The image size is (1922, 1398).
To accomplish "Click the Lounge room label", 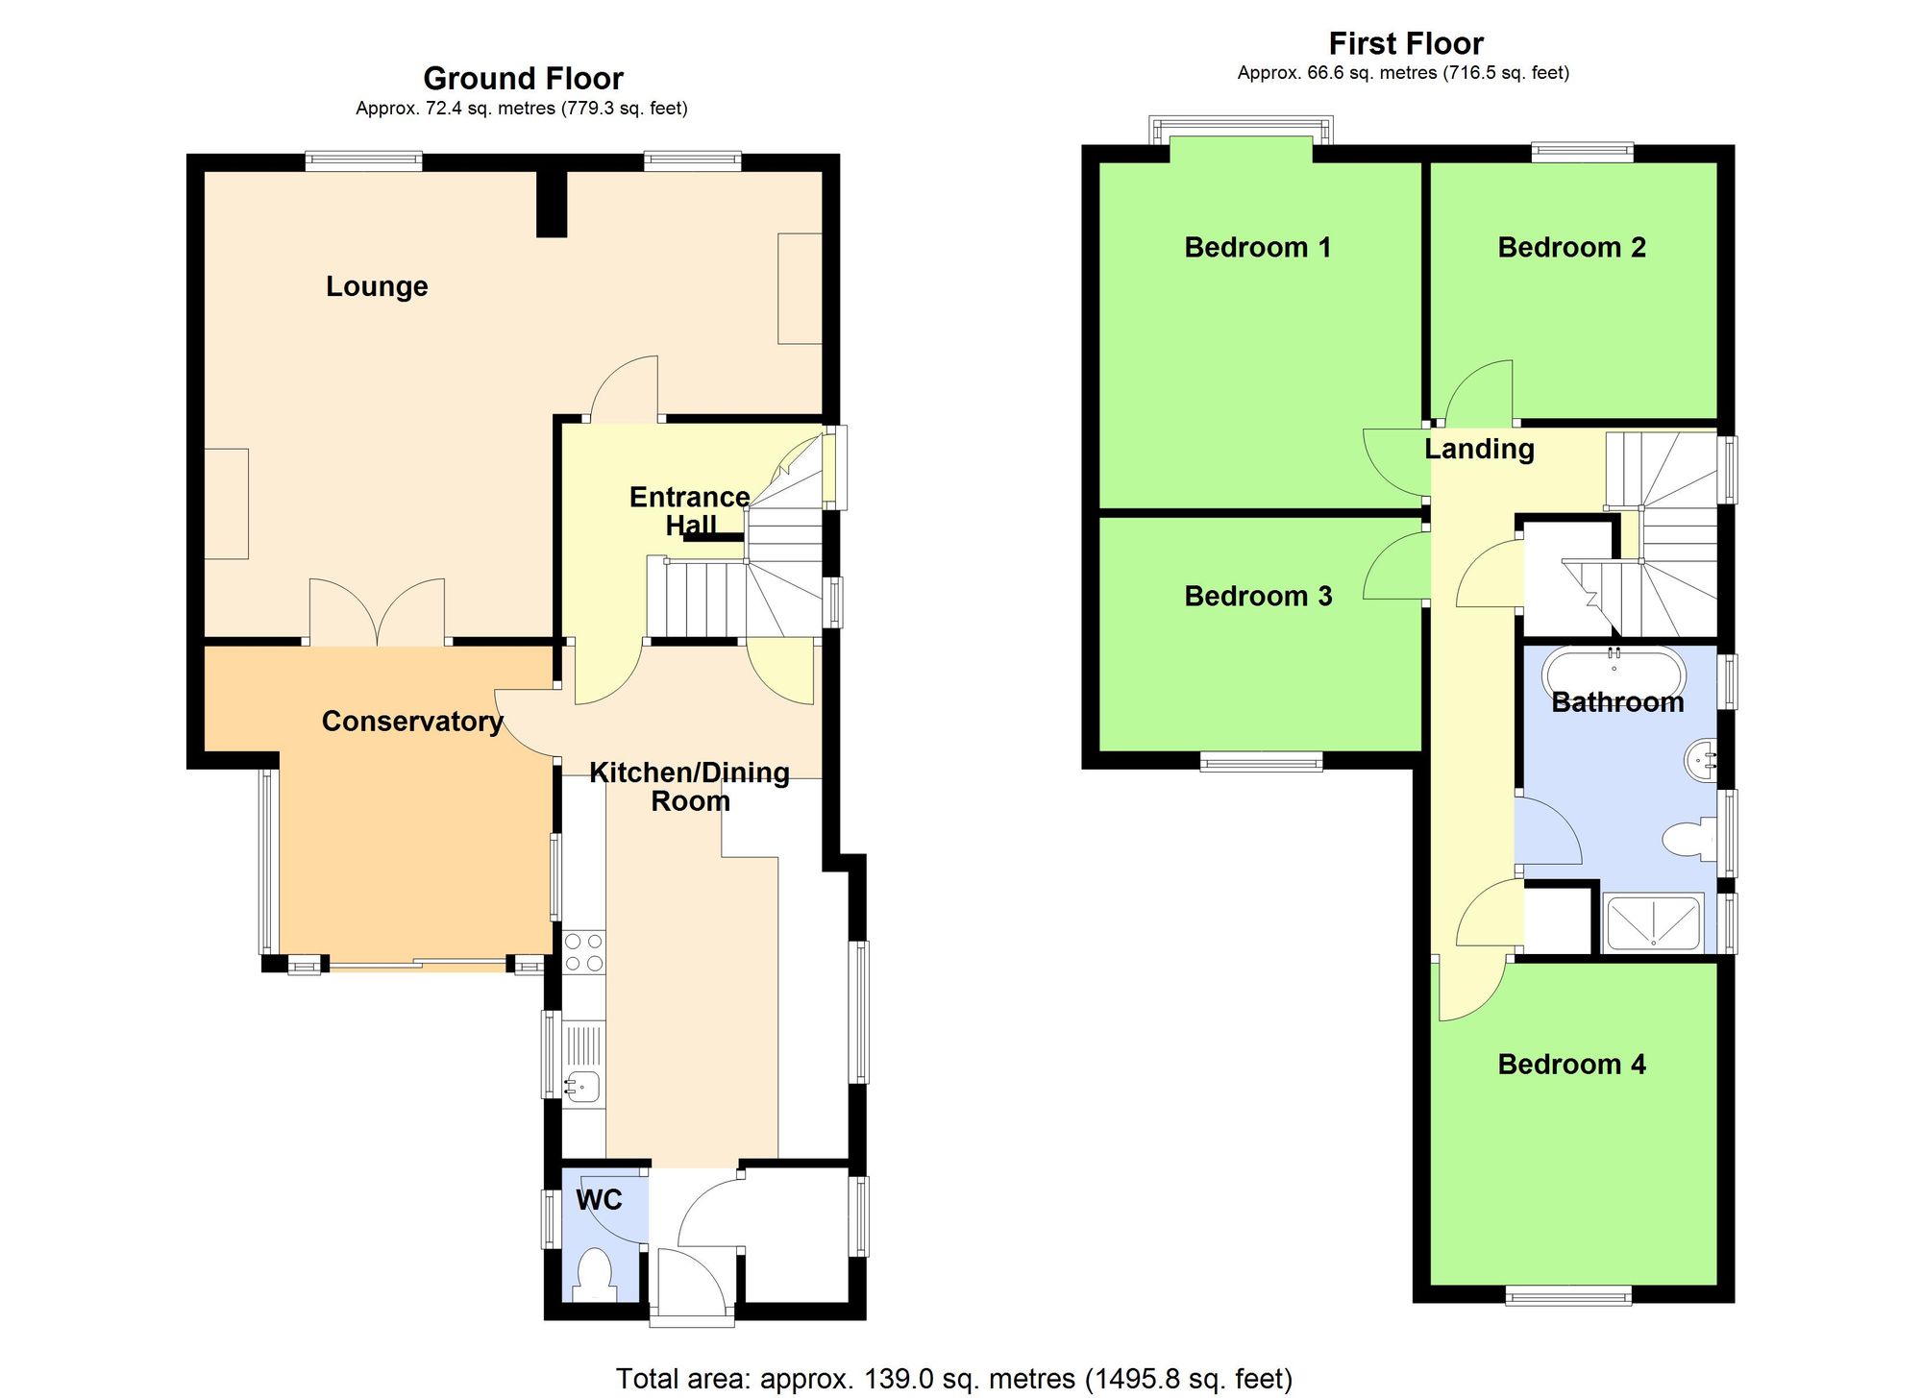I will (x=377, y=286).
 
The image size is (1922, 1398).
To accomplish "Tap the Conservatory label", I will (x=412, y=722).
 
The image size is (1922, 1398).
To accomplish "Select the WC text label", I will (x=599, y=1199).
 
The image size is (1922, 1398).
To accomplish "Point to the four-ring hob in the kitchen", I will (x=584, y=951).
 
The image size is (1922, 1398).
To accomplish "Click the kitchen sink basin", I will (x=582, y=1087).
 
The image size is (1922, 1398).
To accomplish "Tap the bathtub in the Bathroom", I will (x=1614, y=672).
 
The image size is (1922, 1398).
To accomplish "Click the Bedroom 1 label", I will (x=1258, y=248).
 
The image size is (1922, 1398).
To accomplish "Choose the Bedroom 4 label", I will (x=1571, y=1065).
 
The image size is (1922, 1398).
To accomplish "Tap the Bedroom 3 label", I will (x=1258, y=597).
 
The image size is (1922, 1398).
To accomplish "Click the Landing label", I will (x=1479, y=449).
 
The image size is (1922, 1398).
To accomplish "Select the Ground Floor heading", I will (x=523, y=78).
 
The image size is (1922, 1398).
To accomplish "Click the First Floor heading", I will (x=1406, y=43).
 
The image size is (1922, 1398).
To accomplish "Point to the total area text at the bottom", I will (x=953, y=1379).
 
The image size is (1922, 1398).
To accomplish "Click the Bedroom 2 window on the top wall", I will (x=1582, y=151).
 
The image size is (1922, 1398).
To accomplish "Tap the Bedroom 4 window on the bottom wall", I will (x=1568, y=1295).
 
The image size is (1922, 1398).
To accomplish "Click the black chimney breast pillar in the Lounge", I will (x=552, y=203).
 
